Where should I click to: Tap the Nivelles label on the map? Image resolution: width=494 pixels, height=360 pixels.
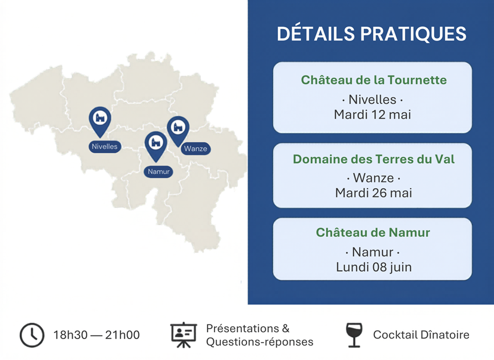click(x=105, y=147)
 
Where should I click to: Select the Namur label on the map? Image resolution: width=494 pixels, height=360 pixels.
click(x=159, y=171)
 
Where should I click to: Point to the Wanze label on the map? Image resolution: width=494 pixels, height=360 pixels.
click(x=196, y=149)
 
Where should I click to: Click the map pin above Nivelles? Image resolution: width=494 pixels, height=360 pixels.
click(x=100, y=121)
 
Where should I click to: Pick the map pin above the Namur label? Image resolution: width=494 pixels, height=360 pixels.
click(x=156, y=145)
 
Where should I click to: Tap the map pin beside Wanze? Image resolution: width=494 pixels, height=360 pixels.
click(x=178, y=129)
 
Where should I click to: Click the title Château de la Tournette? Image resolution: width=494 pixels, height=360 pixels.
click(x=374, y=80)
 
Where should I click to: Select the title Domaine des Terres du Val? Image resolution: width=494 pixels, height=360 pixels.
click(x=374, y=159)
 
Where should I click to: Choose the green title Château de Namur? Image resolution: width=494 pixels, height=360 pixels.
click(x=373, y=233)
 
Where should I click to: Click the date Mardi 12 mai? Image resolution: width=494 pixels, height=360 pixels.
click(x=373, y=114)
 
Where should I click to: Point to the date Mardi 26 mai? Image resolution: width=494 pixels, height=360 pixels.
click(x=373, y=193)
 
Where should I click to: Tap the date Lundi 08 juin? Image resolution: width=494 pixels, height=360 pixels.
click(x=374, y=267)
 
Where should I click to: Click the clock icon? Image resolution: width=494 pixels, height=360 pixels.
click(x=32, y=335)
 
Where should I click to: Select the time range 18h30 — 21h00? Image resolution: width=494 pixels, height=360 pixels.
click(x=96, y=335)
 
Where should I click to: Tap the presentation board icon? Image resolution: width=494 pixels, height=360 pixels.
click(x=184, y=335)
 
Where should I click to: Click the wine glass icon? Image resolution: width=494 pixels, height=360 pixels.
click(x=354, y=335)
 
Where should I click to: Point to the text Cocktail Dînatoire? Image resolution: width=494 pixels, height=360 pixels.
click(x=421, y=335)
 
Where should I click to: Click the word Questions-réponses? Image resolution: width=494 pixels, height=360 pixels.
click(x=260, y=342)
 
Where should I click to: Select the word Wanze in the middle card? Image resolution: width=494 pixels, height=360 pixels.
click(x=373, y=178)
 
